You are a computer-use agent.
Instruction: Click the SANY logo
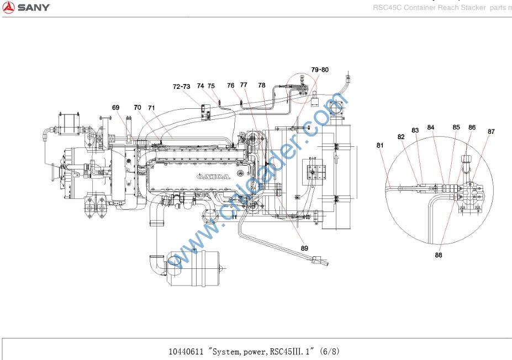(26, 7)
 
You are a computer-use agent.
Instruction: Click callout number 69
(115, 108)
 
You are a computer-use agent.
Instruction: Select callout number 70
(138, 107)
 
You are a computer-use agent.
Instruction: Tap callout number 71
(151, 108)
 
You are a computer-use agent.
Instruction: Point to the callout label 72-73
(181, 87)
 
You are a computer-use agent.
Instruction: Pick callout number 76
(231, 86)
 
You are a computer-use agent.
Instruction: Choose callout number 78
(262, 86)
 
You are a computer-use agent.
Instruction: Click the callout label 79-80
(320, 70)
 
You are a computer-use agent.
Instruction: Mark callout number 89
(304, 248)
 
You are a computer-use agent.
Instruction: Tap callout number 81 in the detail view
(380, 146)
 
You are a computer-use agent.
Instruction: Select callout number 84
(431, 128)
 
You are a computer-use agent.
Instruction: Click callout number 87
(491, 131)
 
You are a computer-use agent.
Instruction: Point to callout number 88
(439, 255)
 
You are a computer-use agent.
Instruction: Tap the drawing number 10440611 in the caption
(186, 351)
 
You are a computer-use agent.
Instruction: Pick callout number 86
(472, 128)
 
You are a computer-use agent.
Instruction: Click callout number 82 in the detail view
(401, 136)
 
